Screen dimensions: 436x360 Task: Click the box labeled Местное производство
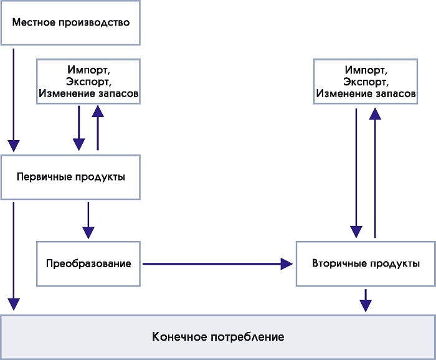(x=70, y=22)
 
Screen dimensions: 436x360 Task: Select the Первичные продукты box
(x=70, y=177)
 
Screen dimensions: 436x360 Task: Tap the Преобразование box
(x=88, y=263)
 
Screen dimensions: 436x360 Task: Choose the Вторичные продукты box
(x=366, y=263)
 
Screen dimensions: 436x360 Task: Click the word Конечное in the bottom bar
(x=179, y=337)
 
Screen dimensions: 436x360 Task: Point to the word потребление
(x=247, y=338)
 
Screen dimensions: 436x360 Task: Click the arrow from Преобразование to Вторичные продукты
(x=218, y=264)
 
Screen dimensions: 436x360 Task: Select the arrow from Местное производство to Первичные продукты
(x=14, y=100)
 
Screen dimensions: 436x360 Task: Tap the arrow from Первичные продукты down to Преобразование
(x=88, y=220)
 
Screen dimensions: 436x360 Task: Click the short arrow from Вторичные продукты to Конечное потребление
(x=366, y=300)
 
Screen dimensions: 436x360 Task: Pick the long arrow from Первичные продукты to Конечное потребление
(x=14, y=256)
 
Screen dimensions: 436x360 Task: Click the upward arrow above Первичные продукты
(x=98, y=128)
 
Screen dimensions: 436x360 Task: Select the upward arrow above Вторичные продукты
(x=375, y=173)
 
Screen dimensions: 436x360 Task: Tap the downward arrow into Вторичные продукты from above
(x=356, y=173)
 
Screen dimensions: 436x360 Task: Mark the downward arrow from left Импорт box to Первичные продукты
(x=78, y=128)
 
